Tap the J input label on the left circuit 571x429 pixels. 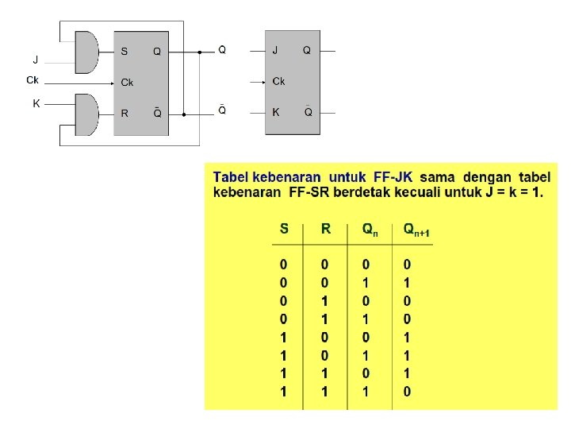tap(35, 60)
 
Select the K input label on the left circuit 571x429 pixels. tap(36, 103)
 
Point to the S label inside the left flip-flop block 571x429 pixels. tap(125, 51)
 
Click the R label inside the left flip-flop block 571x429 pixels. tap(125, 113)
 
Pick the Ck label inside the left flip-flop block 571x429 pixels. tap(127, 82)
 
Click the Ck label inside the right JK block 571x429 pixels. tap(278, 81)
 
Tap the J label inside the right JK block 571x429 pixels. tap(275, 50)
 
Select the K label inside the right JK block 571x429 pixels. tap(276, 112)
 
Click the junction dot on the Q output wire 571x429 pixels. tap(199, 52)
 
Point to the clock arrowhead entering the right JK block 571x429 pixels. tap(264, 81)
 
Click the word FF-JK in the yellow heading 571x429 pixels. tap(391, 176)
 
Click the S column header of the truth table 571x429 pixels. tap(284, 229)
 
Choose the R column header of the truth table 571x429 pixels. tap(325, 229)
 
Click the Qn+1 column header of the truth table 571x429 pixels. tap(416, 230)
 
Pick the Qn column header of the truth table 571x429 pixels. tap(370, 230)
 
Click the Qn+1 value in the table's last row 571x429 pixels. tap(407, 391)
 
